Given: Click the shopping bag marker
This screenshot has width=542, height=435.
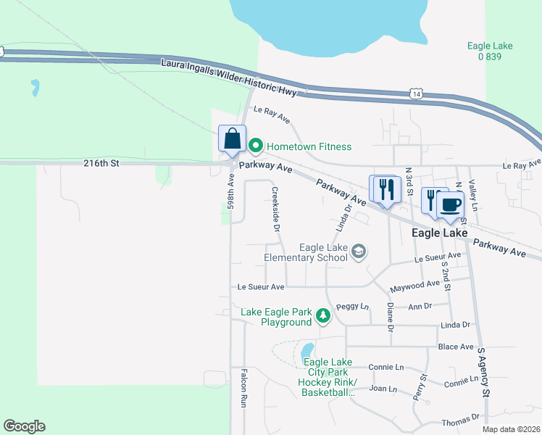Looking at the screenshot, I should pos(231,139).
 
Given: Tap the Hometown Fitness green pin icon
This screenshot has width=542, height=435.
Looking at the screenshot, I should pos(255,146).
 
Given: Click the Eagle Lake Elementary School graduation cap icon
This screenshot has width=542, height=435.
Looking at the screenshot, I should pos(358,252).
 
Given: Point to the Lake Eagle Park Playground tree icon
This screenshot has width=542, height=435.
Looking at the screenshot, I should pos(322,316).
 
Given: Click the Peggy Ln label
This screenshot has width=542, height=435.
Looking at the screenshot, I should pos(356,307).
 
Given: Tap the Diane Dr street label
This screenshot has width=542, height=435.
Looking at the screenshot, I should pos(390,318).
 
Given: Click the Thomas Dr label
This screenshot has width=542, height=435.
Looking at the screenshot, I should pos(462,418).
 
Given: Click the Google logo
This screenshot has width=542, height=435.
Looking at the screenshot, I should pos(24,426).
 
